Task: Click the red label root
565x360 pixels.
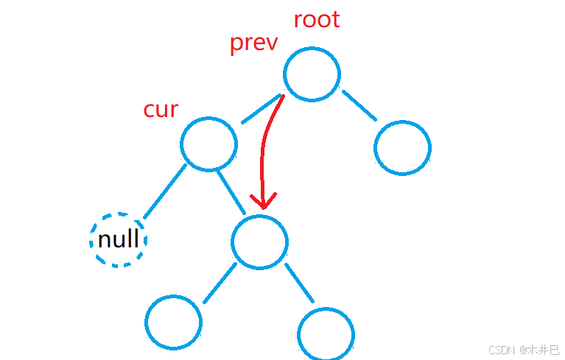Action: click(317, 19)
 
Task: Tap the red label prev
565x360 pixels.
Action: click(253, 43)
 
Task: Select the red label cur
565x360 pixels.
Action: click(161, 110)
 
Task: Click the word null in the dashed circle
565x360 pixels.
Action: click(119, 240)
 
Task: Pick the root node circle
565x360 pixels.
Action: click(312, 74)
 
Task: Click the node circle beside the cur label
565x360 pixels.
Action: click(208, 143)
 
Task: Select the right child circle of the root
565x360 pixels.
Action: click(402, 147)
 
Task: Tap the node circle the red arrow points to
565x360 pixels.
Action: click(259, 241)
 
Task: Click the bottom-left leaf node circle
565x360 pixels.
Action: click(173, 322)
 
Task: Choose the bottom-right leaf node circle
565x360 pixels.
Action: click(327, 333)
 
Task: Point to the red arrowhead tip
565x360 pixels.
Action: click(262, 207)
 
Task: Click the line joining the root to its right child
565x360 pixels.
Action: click(359, 105)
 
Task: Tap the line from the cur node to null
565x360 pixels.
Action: click(164, 191)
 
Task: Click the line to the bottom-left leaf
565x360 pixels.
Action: click(219, 283)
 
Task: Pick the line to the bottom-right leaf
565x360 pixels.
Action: click(299, 283)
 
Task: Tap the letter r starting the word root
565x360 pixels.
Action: click(298, 21)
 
